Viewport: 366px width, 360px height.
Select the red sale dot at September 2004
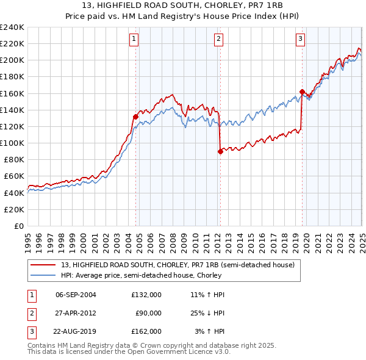[135, 117]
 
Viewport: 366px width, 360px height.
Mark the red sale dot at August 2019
[302, 92]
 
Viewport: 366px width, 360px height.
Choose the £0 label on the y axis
[19, 226]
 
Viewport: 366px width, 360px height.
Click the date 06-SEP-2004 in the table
[76, 295]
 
